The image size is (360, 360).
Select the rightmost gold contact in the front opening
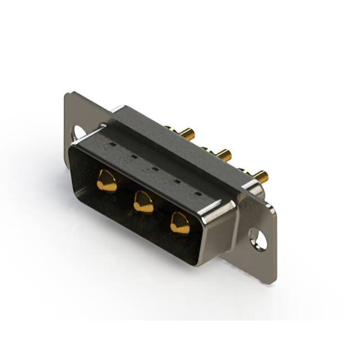[180, 223]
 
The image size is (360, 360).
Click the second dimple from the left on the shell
[134, 156]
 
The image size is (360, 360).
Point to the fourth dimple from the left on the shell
[177, 181]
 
